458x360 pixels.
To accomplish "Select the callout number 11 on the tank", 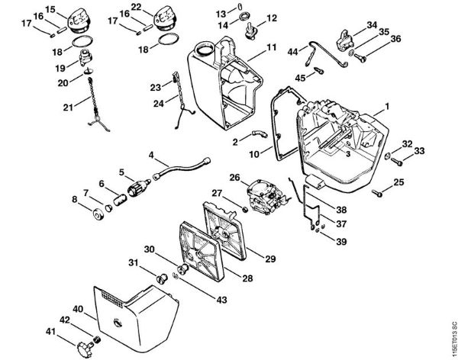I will point(271,47).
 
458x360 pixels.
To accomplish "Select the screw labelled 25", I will point(376,192).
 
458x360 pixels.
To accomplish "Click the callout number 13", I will point(219,13).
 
